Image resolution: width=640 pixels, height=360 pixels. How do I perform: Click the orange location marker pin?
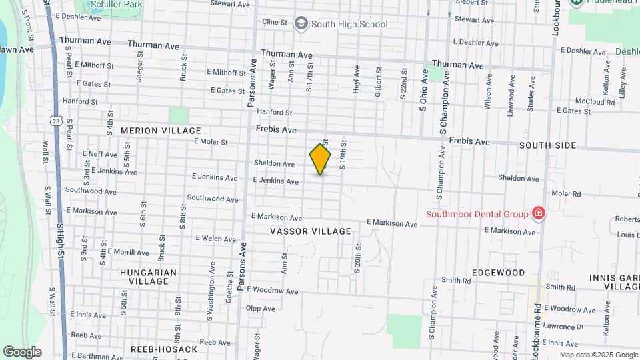pyautogui.click(x=321, y=159)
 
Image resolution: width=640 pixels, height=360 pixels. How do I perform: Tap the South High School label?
pyautogui.click(x=349, y=24)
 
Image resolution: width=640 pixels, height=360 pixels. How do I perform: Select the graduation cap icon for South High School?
pyautogui.click(x=301, y=24)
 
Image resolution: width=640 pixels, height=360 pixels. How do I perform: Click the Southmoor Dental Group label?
pyautogui.click(x=477, y=214)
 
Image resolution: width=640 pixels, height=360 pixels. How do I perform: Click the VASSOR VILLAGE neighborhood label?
pyautogui.click(x=310, y=231)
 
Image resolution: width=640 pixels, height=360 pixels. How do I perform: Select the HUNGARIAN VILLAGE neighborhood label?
pyautogui.click(x=149, y=277)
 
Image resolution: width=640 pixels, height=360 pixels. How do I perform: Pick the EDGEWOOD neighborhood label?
pyautogui.click(x=498, y=273)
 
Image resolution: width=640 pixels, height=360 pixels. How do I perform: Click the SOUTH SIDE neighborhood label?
pyautogui.click(x=548, y=145)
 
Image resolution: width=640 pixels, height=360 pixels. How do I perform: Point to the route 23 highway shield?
pyautogui.click(x=56, y=120)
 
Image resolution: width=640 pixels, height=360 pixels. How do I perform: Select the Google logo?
pyautogui.click(x=22, y=351)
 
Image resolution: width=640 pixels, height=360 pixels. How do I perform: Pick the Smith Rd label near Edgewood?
pyautogui.click(x=456, y=281)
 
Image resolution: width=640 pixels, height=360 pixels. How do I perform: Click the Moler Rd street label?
pyautogui.click(x=567, y=194)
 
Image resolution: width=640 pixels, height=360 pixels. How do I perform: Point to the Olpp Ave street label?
pyautogui.click(x=261, y=308)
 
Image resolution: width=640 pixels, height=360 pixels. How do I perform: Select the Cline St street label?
pyautogui.click(x=275, y=22)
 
